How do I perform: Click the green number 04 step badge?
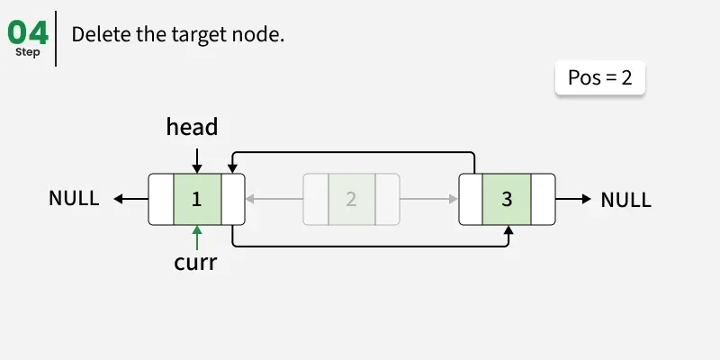pos(28,32)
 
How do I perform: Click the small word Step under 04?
pos(28,52)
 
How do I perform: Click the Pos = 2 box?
pos(600,77)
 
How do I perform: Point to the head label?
pos(192,127)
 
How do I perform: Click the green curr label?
pos(196,264)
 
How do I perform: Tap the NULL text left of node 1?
pos(74,199)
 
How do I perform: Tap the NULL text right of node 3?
pos(625,199)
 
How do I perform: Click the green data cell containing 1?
pos(196,199)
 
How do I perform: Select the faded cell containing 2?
pos(351,199)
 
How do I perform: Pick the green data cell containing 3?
pos(507,199)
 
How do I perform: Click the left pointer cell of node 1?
pos(161,199)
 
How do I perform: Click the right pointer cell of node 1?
pos(232,199)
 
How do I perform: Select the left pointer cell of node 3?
pos(471,199)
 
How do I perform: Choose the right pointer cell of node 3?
pos(543,199)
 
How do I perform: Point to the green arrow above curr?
pos(196,237)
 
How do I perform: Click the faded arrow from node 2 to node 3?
pos(428,199)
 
